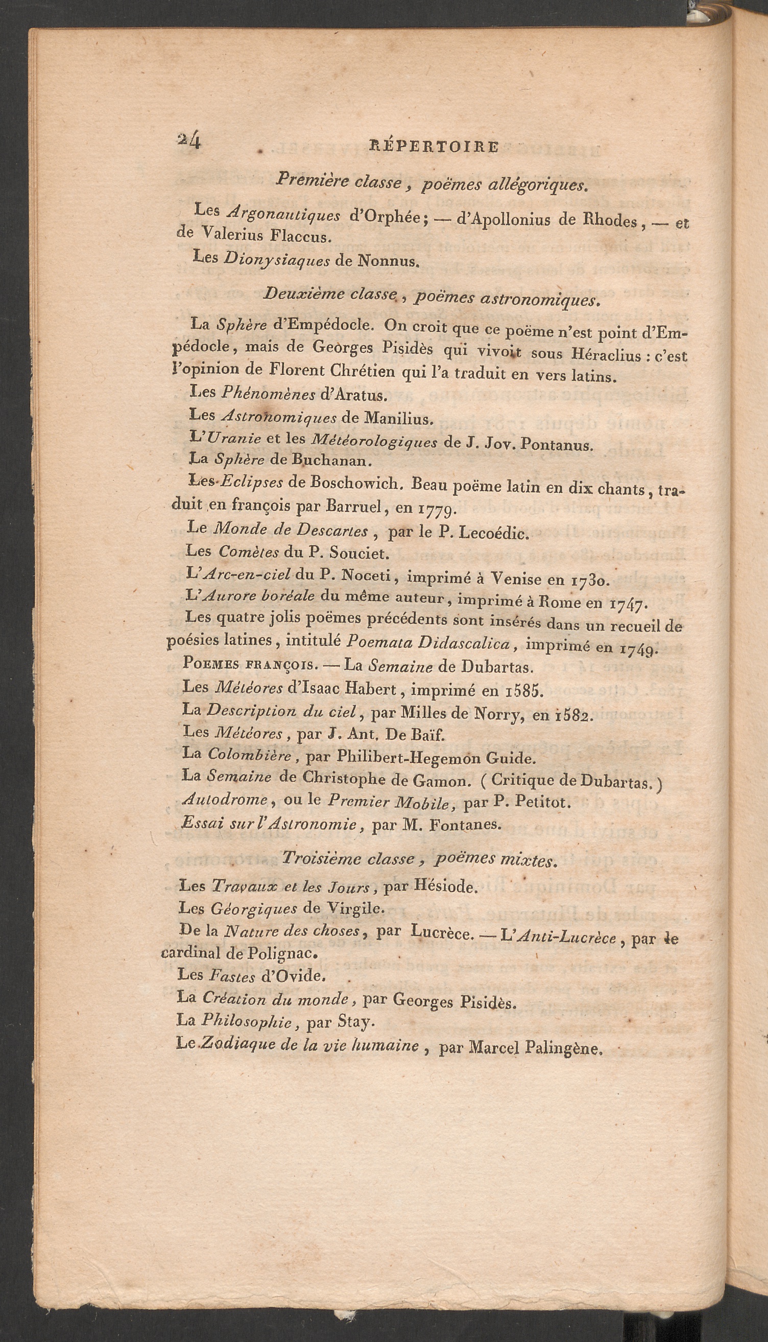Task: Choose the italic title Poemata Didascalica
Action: (x=428, y=643)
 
